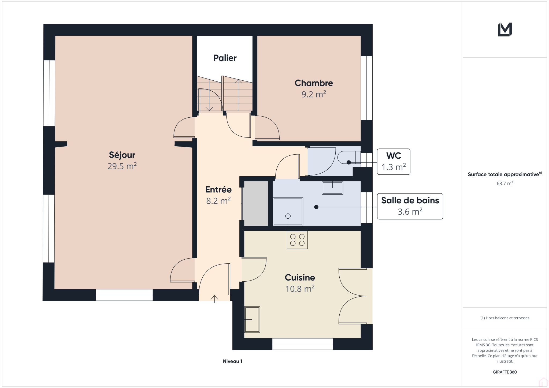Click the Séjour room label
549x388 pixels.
pyautogui.click(x=122, y=155)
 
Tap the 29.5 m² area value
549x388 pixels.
pyautogui.click(x=122, y=166)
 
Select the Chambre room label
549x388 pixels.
pyautogui.click(x=314, y=83)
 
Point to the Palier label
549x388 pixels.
pyautogui.click(x=225, y=58)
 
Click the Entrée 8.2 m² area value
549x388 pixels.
pyautogui.click(x=218, y=201)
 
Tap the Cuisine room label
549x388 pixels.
pyautogui.click(x=300, y=277)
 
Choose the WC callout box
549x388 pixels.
pyautogui.click(x=394, y=162)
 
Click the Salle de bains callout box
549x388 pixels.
pyautogui.click(x=410, y=206)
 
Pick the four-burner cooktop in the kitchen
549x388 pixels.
pyautogui.click(x=297, y=240)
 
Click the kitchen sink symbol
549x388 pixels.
pyautogui.click(x=252, y=319)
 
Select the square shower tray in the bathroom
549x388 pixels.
pyautogui.click(x=288, y=212)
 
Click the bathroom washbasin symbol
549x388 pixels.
pyautogui.click(x=332, y=188)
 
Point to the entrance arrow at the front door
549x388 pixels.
pyautogui.click(x=214, y=299)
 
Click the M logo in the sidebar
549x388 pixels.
pyautogui.click(x=505, y=29)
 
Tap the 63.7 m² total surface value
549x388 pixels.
pyautogui.click(x=505, y=184)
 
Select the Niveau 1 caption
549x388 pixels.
pyautogui.click(x=232, y=361)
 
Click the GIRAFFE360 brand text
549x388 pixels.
pyautogui.click(x=505, y=372)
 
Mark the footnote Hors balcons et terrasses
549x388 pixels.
pyautogui.click(x=505, y=318)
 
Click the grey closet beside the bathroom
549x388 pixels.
pyautogui.click(x=256, y=203)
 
